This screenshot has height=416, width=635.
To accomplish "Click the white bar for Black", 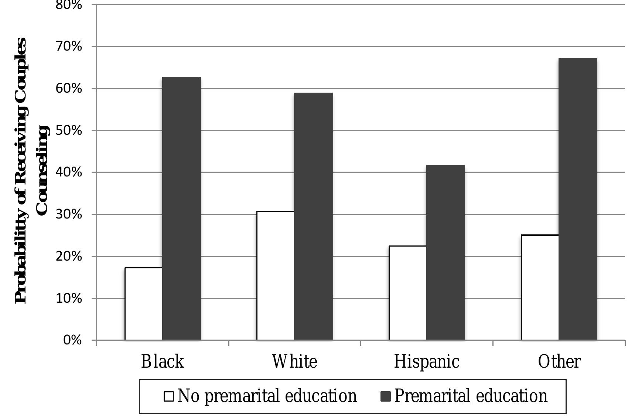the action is coord(144,304).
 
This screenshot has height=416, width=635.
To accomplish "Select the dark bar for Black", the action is coord(182,209).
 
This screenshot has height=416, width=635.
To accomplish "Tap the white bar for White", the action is coord(276,275).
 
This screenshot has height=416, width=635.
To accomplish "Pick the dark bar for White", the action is coord(314,216).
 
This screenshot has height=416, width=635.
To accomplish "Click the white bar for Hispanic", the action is coord(408,293).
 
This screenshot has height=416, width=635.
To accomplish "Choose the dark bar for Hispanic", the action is coord(445,252).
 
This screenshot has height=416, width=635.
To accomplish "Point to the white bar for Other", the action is coord(540,288).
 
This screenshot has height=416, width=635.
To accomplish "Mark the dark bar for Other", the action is coord(578,199).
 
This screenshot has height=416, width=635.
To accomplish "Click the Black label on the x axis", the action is coord(163,361).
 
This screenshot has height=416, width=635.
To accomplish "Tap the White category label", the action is coord(294,361).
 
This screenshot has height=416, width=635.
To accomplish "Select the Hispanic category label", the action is coord(427,362).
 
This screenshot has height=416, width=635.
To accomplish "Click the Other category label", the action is coord(559,361).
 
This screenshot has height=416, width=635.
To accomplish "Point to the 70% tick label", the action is coord(69,47).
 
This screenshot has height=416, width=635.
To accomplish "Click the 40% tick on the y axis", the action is coord(69,172).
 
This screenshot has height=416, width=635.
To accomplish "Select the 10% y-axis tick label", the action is coord(69,298).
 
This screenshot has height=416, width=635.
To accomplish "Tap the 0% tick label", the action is coord(72,340).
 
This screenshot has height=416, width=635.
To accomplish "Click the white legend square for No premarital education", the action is coord(169,396).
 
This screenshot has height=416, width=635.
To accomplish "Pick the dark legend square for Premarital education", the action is coord(386,396).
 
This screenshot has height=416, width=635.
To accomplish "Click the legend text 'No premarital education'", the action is coord(267,396).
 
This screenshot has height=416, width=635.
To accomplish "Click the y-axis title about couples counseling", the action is coord(32,171).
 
